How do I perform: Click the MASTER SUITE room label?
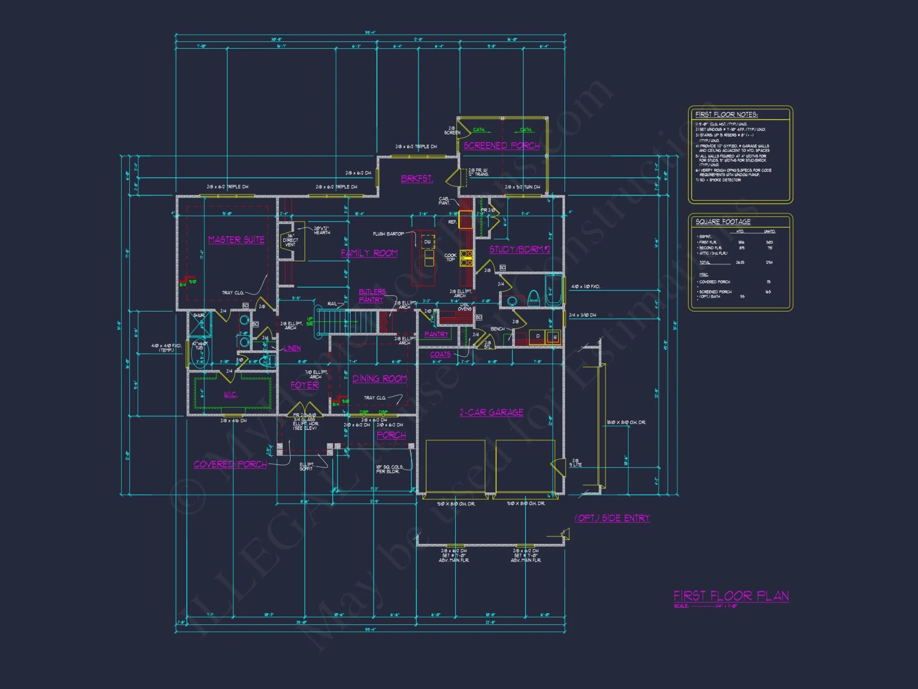236,240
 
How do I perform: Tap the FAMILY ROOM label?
369,253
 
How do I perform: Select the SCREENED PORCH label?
501,146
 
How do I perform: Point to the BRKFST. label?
416,179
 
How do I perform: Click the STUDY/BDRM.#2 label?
519,249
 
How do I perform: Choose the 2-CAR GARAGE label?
491,412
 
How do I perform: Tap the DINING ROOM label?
380,378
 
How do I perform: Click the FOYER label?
304,385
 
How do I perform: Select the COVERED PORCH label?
230,464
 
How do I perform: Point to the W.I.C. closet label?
230,395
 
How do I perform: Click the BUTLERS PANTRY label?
372,296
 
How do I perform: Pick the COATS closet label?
440,355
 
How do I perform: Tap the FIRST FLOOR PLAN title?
731,596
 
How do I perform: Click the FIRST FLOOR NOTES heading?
726,114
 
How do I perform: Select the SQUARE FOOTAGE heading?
723,222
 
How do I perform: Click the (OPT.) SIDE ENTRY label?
612,518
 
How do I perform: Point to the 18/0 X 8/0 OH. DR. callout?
626,422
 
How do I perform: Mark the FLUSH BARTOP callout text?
388,234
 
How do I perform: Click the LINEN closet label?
292,349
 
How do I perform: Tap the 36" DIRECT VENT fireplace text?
290,240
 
